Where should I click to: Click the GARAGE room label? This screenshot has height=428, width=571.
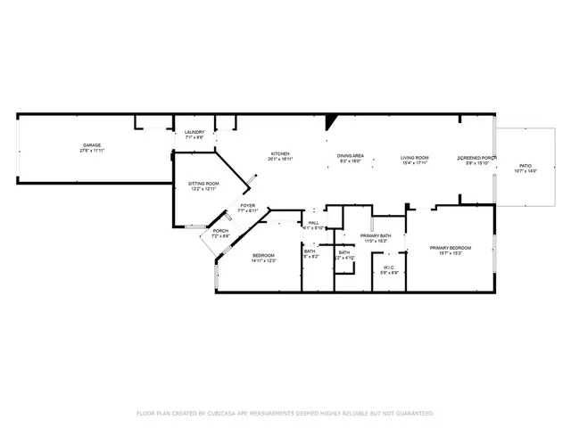click(x=92, y=144)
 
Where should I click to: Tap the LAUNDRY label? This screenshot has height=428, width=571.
click(x=194, y=132)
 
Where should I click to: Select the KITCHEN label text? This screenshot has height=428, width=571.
click(x=280, y=153)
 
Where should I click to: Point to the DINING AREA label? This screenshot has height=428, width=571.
click(x=350, y=156)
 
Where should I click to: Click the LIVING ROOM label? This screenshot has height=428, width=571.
click(x=415, y=157)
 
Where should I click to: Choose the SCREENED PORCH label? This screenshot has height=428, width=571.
click(x=477, y=158)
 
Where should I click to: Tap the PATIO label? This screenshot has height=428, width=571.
click(x=525, y=166)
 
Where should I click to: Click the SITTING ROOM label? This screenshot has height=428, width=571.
click(x=203, y=184)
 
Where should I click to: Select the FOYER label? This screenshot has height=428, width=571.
click(x=247, y=205)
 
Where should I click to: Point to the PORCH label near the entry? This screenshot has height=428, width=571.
click(x=220, y=231)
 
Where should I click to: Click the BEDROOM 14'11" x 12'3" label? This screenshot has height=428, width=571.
click(x=263, y=255)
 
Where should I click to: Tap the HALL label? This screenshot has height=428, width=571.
click(x=313, y=223)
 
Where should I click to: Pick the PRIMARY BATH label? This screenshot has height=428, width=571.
click(x=374, y=235)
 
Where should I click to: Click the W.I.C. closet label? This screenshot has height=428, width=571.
click(x=389, y=267)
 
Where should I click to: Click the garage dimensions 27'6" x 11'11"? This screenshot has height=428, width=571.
click(x=92, y=150)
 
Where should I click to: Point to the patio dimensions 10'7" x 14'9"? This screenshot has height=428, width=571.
click(x=525, y=171)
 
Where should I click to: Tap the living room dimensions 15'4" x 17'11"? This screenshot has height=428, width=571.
click(x=415, y=162)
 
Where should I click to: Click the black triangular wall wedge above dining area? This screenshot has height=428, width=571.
click(x=331, y=120)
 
